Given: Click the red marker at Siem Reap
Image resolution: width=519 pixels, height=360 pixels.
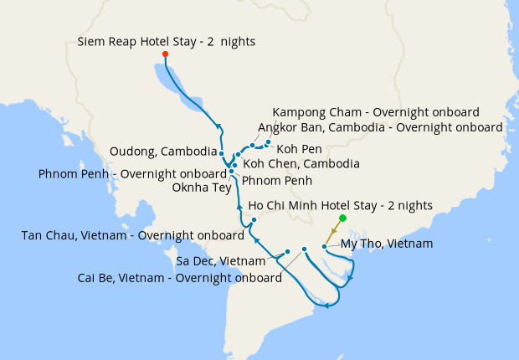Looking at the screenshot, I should point(165,54).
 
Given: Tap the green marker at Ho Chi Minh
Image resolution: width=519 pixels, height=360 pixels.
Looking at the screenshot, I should point(342,218).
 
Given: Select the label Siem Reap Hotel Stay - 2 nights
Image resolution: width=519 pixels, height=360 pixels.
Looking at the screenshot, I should point(167,40).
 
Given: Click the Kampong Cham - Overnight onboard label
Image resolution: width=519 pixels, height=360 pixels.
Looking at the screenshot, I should point(376,112).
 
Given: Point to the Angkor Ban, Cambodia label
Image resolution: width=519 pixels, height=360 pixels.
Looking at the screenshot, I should point(381,127).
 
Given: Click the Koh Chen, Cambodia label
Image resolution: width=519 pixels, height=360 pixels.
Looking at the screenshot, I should point(301,163).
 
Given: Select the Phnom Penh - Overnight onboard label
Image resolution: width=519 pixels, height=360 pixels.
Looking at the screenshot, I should point(133,174).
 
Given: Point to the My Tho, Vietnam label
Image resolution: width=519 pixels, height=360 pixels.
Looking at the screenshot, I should point(387,244).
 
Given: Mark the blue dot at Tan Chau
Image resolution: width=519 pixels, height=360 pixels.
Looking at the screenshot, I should point(253,220).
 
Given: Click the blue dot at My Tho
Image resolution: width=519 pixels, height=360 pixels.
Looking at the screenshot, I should point(325,247).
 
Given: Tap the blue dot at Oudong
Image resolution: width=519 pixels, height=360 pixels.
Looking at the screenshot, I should point(221,153).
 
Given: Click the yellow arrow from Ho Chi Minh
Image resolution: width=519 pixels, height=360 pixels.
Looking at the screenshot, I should point(334,231).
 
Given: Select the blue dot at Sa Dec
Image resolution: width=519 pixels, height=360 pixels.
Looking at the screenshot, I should point(287,251).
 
